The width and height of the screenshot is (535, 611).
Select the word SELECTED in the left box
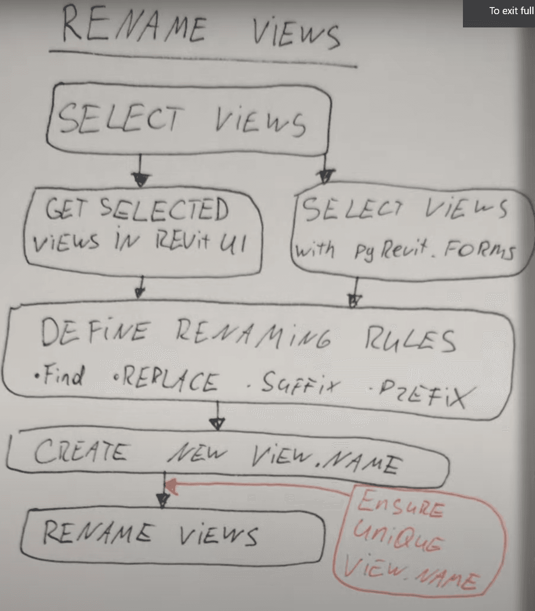pyautogui.click(x=164, y=210)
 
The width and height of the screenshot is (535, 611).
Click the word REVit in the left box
pyautogui.click(x=182, y=241)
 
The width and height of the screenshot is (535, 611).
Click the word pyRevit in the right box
pyautogui.click(x=391, y=250)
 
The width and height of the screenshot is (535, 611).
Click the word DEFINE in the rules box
pyautogui.click(x=95, y=332)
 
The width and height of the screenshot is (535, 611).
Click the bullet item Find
pyautogui.click(x=59, y=375)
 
